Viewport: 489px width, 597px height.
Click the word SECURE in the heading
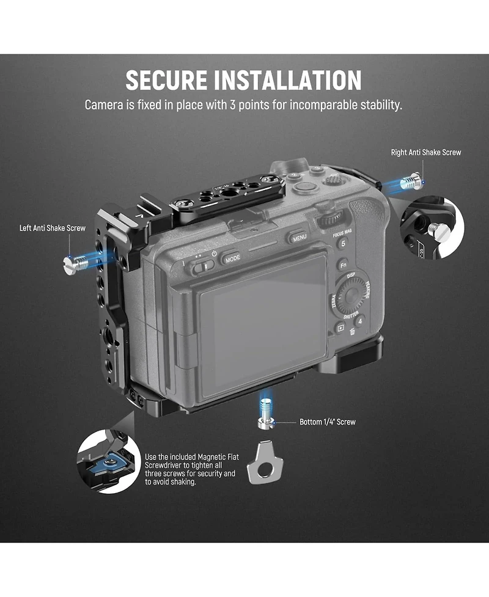click(x=166, y=80)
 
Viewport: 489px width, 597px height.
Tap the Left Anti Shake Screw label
click(x=53, y=228)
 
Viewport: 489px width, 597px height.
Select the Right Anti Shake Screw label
click(x=426, y=152)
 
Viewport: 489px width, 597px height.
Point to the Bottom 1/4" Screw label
click(x=328, y=422)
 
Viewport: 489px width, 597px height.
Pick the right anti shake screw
click(x=411, y=182)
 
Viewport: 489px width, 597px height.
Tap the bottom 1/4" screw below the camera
click(x=266, y=414)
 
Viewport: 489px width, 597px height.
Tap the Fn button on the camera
click(x=343, y=265)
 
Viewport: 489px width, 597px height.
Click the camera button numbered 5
click(x=343, y=243)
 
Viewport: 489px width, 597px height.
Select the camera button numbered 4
click(x=360, y=321)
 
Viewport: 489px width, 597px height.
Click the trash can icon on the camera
click(x=352, y=332)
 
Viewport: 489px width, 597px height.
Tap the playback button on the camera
click(x=340, y=328)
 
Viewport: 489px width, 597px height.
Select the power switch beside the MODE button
click(x=202, y=266)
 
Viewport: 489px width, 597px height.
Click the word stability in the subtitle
click(x=381, y=104)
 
